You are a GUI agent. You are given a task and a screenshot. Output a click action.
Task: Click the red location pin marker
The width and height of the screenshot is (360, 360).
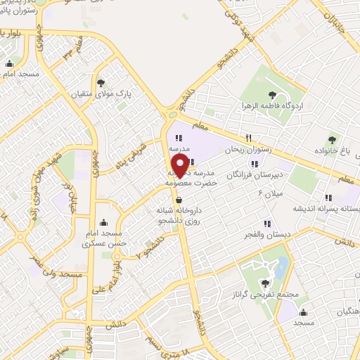pyautogui.click(x=180, y=165)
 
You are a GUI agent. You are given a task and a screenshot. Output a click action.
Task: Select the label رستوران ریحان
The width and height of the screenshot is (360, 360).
pyautogui.click(x=247, y=150)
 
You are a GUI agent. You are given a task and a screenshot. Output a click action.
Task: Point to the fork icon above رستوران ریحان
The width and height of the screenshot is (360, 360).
pyautogui.click(x=247, y=138)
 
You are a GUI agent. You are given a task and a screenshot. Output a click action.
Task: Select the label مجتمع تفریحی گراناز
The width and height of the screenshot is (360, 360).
pyautogui.click(x=254, y=296)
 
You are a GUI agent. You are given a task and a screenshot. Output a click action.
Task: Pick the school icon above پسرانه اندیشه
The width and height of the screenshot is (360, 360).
pyautogui.click(x=327, y=198)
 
